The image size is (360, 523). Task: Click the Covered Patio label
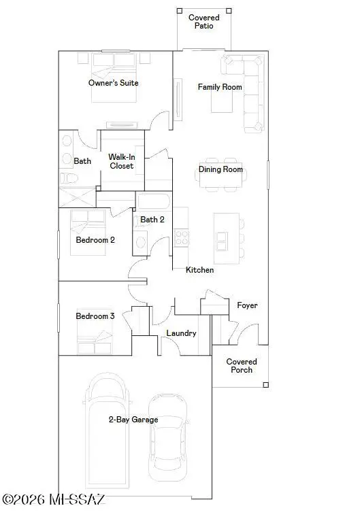click(x=203, y=21)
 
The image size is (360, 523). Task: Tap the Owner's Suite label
click(x=114, y=83)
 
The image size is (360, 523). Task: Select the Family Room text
click(x=220, y=87)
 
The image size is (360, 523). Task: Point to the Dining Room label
click(x=220, y=169)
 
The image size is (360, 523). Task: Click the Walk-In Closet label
click(x=121, y=161)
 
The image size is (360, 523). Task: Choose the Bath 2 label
click(x=152, y=220)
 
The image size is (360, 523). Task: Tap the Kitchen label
click(x=200, y=270)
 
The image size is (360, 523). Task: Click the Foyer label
click(x=247, y=305)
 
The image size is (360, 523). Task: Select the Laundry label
click(x=182, y=333)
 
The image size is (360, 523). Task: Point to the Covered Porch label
click(x=242, y=366)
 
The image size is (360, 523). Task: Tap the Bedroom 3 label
click(x=95, y=316)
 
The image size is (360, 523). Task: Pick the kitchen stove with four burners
click(x=182, y=237)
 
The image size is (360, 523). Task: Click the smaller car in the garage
click(x=168, y=433)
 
